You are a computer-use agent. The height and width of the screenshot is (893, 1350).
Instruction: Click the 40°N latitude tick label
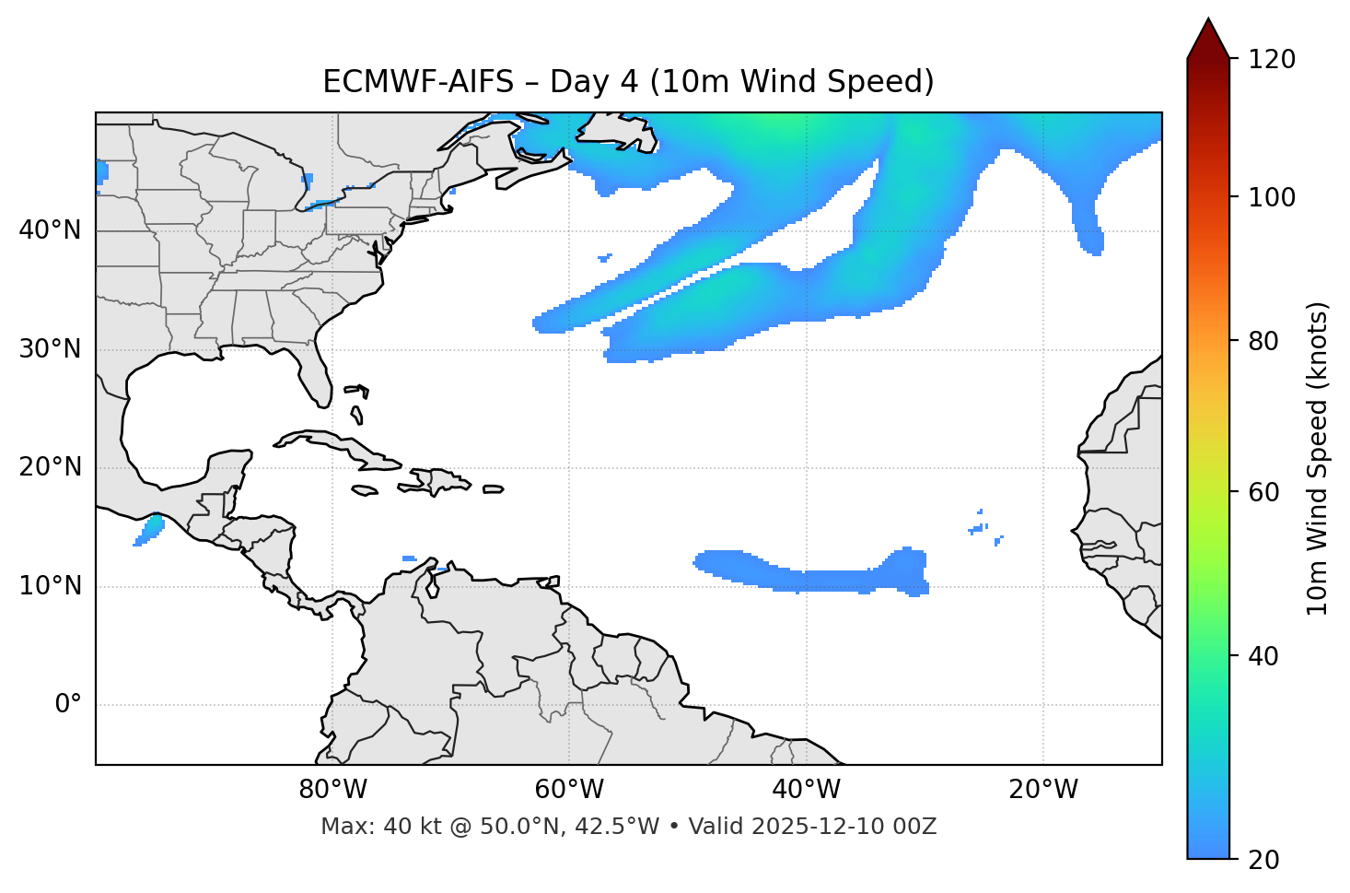(50, 230)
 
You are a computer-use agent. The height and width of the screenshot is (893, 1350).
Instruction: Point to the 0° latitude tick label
(68, 705)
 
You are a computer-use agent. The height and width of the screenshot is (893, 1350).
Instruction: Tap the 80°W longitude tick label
(332, 790)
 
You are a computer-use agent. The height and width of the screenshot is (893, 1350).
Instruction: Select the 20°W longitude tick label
(1043, 790)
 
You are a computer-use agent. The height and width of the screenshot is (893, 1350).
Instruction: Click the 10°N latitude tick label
(50, 586)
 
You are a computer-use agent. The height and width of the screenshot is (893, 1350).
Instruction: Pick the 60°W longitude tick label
(569, 790)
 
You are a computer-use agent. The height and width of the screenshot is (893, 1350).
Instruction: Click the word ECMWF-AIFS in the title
(418, 83)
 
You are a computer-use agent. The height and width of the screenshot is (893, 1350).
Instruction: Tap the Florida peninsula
(315, 373)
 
